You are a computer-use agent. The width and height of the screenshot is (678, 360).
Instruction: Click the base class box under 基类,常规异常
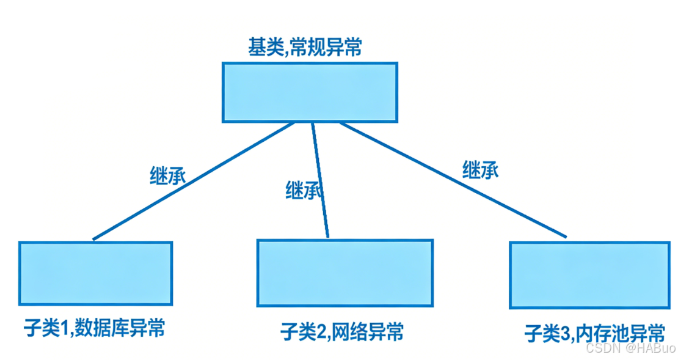coord(310,92)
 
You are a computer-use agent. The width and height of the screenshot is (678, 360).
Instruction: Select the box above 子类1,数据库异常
coord(95,273)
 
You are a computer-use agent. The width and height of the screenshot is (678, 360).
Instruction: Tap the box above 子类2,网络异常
coord(344,273)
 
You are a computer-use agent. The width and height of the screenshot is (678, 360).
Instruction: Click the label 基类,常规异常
coord(304,48)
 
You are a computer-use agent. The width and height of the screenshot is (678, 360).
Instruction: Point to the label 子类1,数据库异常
coord(92,328)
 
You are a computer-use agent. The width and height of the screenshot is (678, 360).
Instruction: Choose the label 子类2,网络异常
coord(341,332)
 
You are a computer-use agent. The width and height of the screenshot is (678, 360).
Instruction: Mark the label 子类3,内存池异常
coord(594,334)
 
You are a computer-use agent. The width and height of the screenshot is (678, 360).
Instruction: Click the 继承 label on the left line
coord(167,175)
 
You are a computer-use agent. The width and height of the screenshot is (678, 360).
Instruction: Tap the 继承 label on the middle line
coord(304,191)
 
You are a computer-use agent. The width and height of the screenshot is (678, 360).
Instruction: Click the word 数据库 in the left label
coord(108,328)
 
